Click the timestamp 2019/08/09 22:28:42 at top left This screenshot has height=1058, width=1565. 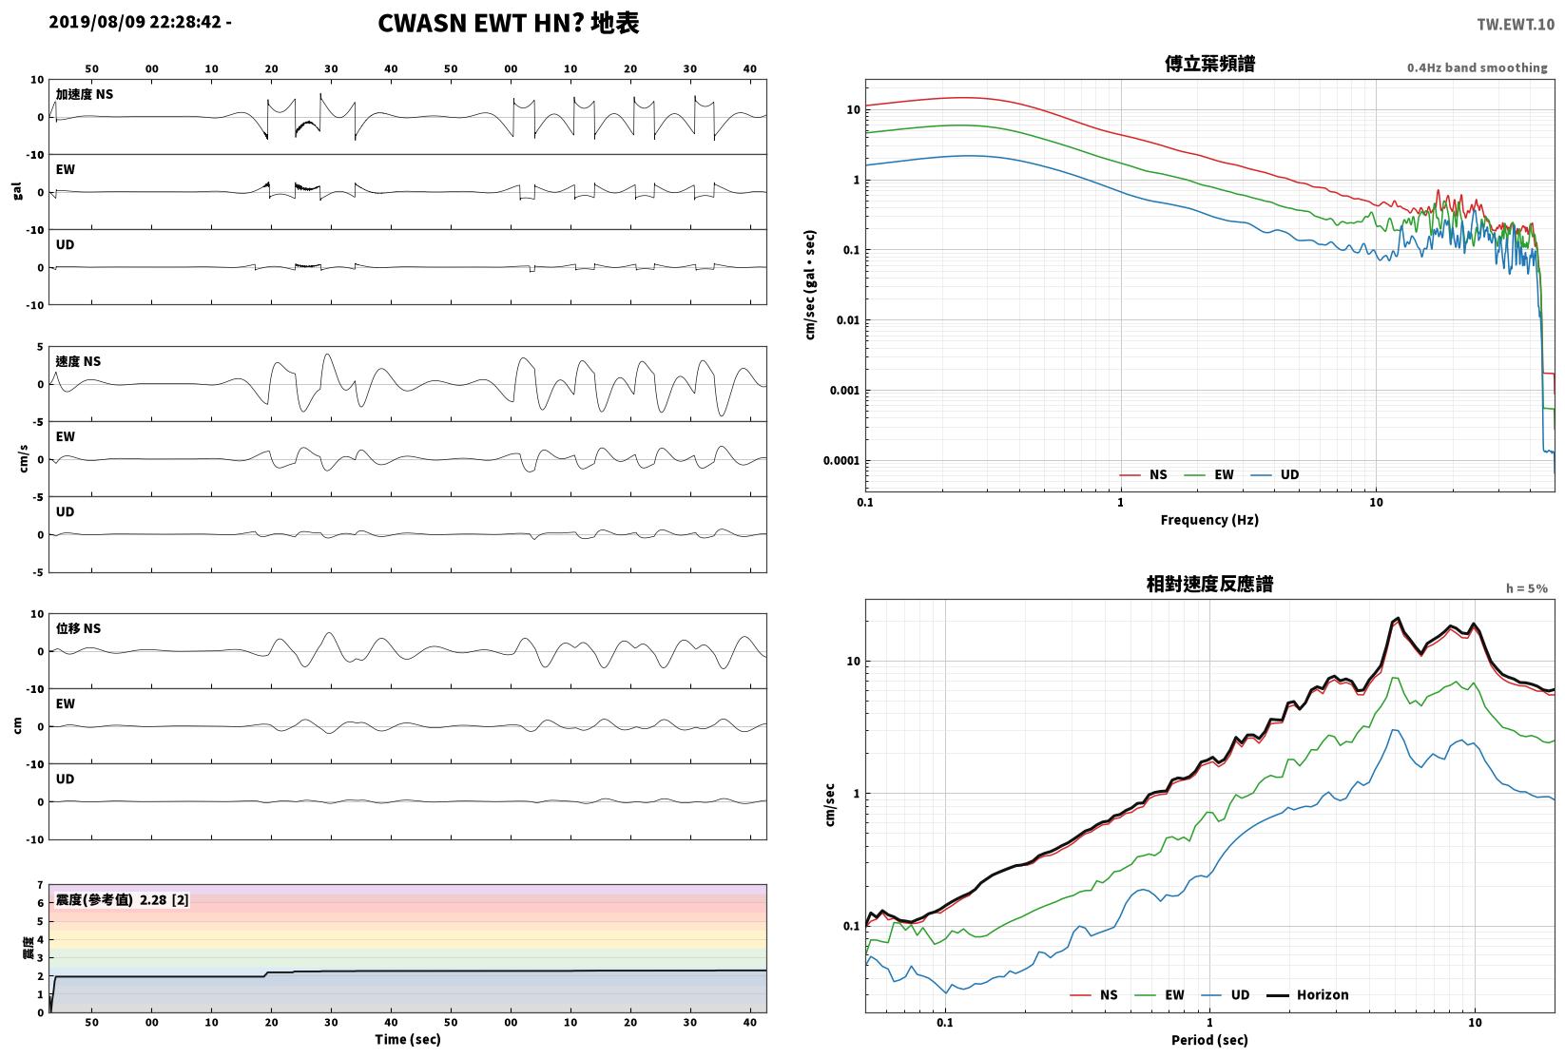pyautogui.click(x=135, y=22)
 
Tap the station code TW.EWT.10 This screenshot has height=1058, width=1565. pyautogui.click(x=1516, y=24)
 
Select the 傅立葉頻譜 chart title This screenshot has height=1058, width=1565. pyautogui.click(x=1209, y=64)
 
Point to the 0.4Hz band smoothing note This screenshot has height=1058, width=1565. pyautogui.click(x=1477, y=67)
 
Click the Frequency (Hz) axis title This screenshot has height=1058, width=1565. pyautogui.click(x=1209, y=520)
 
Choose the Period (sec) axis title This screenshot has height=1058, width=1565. pyautogui.click(x=1209, y=1040)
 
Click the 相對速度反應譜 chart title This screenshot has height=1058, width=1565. pyautogui.click(x=1209, y=584)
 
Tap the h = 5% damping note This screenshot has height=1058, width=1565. pyautogui.click(x=1527, y=588)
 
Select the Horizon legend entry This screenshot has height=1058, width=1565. pyautogui.click(x=1308, y=994)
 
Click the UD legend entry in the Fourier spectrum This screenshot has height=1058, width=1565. pyautogui.click(x=1275, y=475)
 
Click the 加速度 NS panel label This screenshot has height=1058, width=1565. pyautogui.click(x=85, y=94)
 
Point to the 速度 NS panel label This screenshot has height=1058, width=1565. pyautogui.click(x=78, y=361)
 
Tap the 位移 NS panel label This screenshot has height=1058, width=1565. pyautogui.click(x=78, y=628)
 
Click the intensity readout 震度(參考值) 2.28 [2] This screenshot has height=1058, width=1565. pyautogui.click(x=123, y=899)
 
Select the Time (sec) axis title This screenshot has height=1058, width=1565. pyautogui.click(x=408, y=1039)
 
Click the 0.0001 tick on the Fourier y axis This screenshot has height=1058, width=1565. pyautogui.click(x=841, y=461)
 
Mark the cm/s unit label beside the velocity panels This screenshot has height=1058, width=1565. pyautogui.click(x=24, y=459)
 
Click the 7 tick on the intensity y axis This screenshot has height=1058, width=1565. pyautogui.click(x=41, y=885)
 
